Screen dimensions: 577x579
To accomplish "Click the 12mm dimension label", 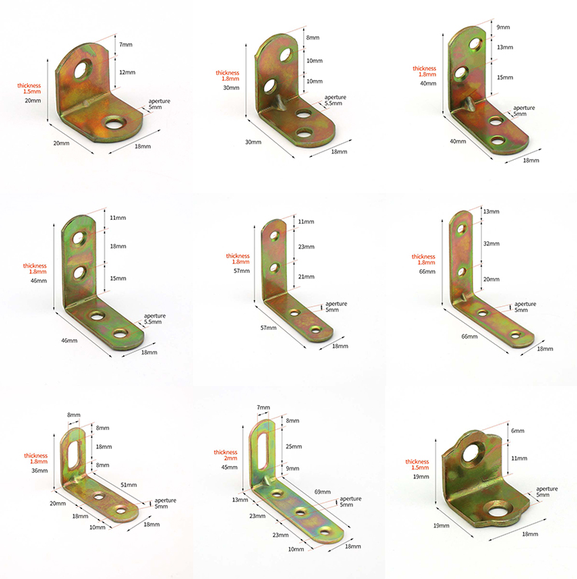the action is pos(127,72).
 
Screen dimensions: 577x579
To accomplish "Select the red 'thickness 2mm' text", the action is pos(225,455).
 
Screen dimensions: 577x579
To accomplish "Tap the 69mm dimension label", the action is pos(322,492).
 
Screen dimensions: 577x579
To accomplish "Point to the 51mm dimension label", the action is pos(128,484).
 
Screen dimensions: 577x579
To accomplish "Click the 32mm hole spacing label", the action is pos(492,244).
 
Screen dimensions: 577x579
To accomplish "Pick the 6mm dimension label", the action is pos(518,431).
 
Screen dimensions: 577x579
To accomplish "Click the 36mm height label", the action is pos(39,471).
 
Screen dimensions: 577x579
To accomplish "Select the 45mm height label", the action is pos(229,468).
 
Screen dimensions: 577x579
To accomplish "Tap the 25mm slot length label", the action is pos(294,447).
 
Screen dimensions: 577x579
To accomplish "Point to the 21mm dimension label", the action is pos(306,277).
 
